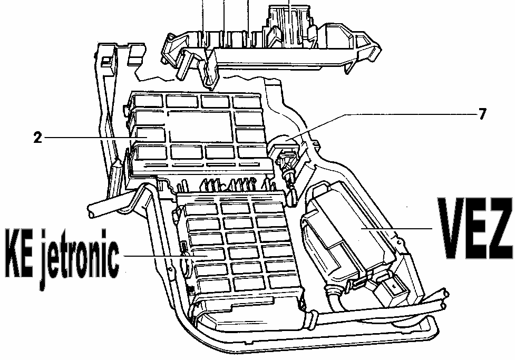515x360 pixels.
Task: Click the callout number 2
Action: (x=36, y=138)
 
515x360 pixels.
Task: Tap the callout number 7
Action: (x=482, y=114)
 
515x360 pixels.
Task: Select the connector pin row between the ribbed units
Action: (x=232, y=184)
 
